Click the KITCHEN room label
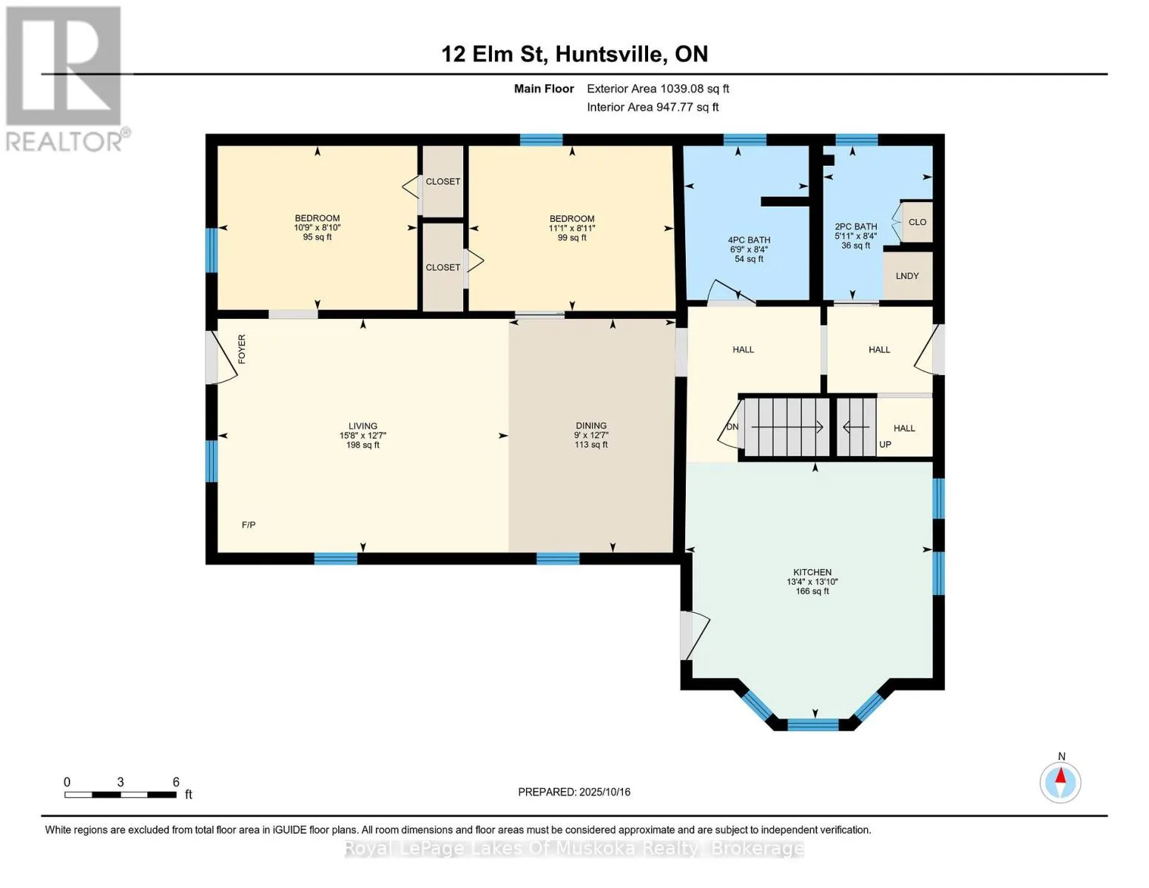pyautogui.click(x=812, y=572)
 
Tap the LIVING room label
pyautogui.click(x=363, y=425)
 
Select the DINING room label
pyautogui.click(x=591, y=425)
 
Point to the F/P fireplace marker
pyautogui.click(x=249, y=525)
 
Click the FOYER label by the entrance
pyautogui.click(x=242, y=349)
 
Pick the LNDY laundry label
pyautogui.click(x=907, y=275)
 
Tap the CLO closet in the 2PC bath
pyautogui.click(x=917, y=222)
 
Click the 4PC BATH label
pyautogui.click(x=749, y=240)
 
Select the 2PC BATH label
pyautogui.click(x=855, y=226)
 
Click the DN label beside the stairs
pyautogui.click(x=732, y=427)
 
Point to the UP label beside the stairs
pyautogui.click(x=885, y=444)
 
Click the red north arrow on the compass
pyautogui.click(x=1061, y=776)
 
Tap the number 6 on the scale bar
pyautogui.click(x=176, y=781)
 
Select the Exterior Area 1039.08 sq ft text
pyautogui.click(x=658, y=89)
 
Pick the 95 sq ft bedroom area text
pyautogui.click(x=317, y=237)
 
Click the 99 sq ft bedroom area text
pyautogui.click(x=572, y=238)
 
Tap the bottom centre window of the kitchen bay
pyautogui.click(x=812, y=724)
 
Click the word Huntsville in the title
pyautogui.click(x=608, y=54)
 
